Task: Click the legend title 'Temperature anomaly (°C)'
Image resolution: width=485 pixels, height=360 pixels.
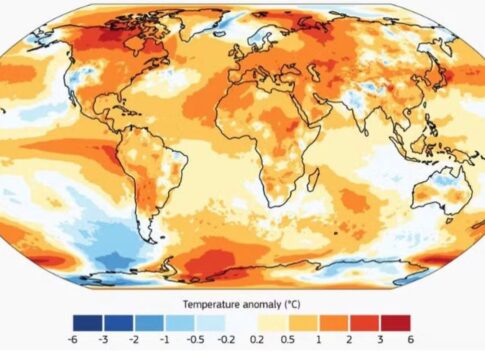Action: (x=242, y=301)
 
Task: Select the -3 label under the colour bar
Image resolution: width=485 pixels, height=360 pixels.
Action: (x=104, y=339)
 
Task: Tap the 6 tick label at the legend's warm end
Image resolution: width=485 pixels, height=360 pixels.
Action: (x=410, y=339)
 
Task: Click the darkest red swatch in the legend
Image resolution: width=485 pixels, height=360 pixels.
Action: (x=395, y=322)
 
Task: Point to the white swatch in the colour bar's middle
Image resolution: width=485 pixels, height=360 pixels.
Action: (x=242, y=322)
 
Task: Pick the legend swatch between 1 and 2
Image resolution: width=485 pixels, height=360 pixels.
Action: (x=334, y=322)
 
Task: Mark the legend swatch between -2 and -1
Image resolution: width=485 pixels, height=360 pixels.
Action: (x=150, y=322)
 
